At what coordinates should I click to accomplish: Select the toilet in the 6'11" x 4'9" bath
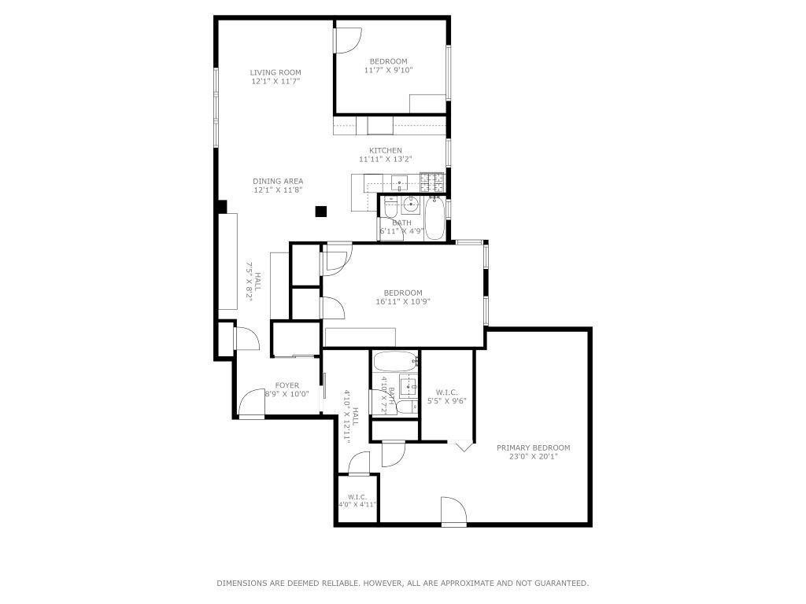391,212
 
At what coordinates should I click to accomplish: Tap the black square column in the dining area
320,211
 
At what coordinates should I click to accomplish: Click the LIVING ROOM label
275,72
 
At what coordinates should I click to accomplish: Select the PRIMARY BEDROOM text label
533,447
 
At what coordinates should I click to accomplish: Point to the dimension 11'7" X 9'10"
388,70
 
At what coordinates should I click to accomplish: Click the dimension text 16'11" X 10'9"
402,301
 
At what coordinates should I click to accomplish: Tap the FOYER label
287,385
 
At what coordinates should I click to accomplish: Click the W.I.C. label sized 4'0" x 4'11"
357,496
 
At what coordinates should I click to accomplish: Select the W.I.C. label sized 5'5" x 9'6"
446,392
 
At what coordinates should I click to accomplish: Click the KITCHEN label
386,150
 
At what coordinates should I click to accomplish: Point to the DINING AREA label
278,181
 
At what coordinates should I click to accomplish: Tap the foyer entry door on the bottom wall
253,404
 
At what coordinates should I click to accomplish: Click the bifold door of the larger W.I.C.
462,446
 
